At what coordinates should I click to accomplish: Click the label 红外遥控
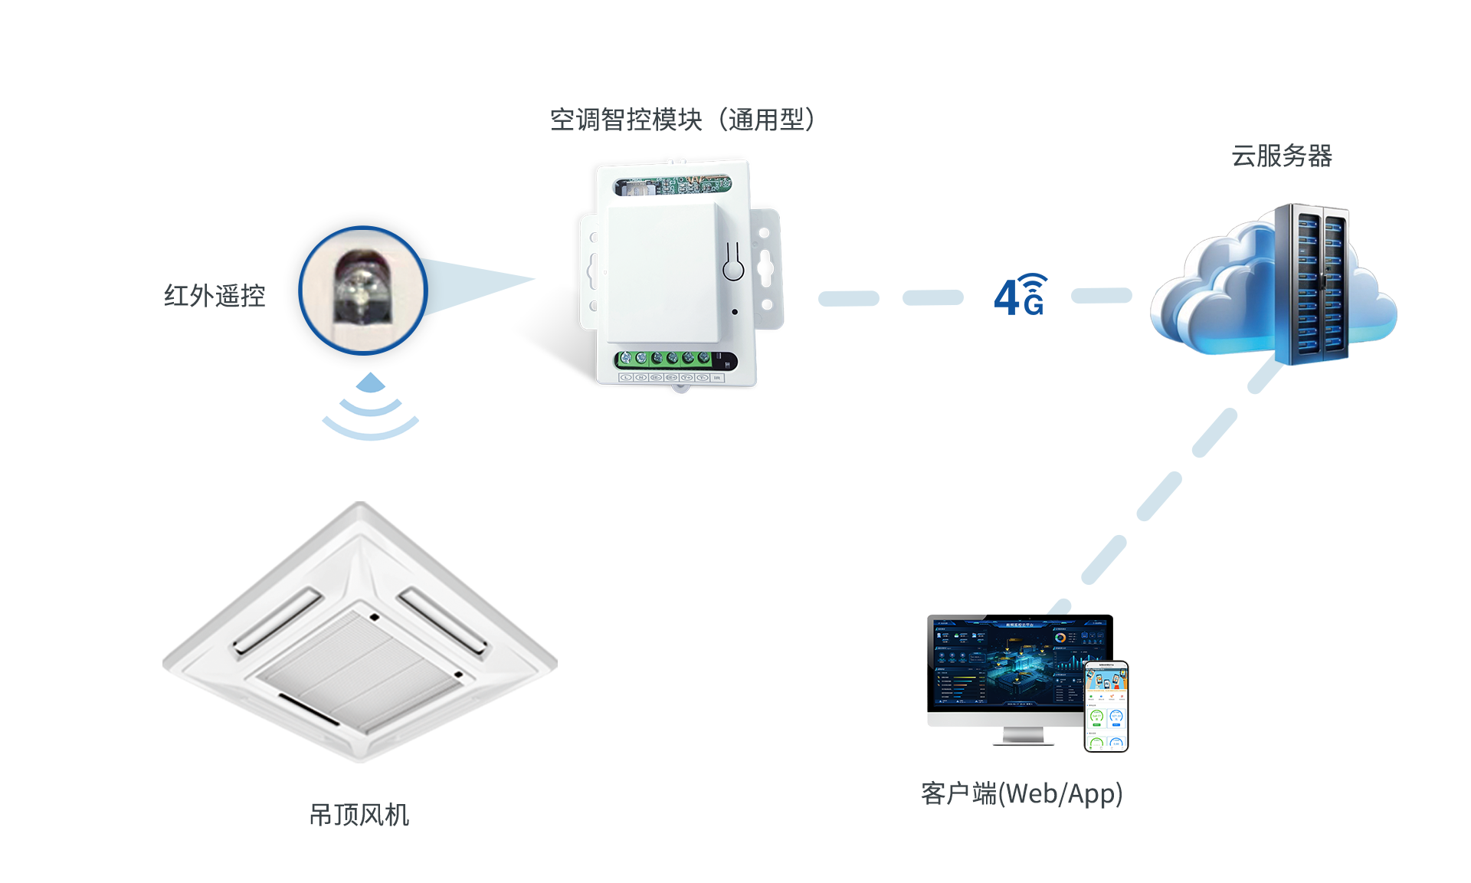pos(215,296)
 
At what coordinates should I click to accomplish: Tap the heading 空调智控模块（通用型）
pos(682,120)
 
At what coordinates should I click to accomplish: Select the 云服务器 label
pos(1281,156)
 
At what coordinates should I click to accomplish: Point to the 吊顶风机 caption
pos(359,815)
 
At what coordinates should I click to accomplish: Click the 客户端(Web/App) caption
pos(1021,794)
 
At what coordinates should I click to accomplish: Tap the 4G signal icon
pos(1021,295)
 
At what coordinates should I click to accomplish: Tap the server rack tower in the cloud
pos(1311,284)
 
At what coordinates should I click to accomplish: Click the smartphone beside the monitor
pos(1106,706)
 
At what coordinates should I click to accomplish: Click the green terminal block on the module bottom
pos(667,359)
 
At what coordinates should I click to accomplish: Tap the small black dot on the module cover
pos(735,312)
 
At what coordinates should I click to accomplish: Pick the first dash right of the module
pos(849,298)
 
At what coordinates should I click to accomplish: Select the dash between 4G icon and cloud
pos(1101,296)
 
